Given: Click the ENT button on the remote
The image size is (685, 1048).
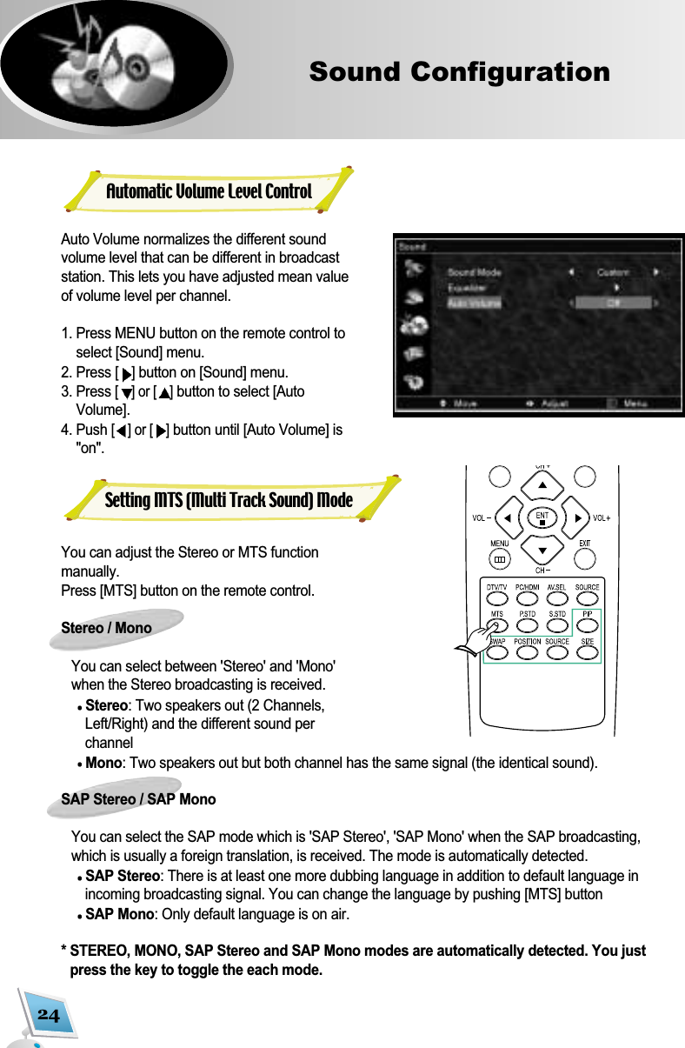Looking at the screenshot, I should pyautogui.click(x=542, y=518).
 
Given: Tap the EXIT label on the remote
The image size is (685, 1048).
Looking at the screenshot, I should pyautogui.click(x=585, y=544).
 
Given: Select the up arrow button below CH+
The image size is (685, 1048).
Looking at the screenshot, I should pyautogui.click(x=542, y=483).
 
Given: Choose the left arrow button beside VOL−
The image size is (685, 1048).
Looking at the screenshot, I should pyautogui.click(x=507, y=518).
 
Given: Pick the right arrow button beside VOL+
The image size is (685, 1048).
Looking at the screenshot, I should pyautogui.click(x=577, y=518).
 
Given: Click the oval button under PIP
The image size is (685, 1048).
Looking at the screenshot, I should pyautogui.click(x=587, y=627).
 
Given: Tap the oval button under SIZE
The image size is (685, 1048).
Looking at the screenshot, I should pyautogui.click(x=587, y=654).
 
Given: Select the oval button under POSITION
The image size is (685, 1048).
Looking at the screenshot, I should pyautogui.click(x=527, y=654).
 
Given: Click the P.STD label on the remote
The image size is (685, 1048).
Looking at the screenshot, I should pyautogui.click(x=527, y=614).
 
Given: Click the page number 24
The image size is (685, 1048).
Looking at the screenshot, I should pyautogui.click(x=49, y=1015).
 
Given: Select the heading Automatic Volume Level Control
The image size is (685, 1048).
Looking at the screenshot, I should pyautogui.click(x=209, y=191).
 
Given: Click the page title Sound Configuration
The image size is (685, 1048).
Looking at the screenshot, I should pyautogui.click(x=459, y=71).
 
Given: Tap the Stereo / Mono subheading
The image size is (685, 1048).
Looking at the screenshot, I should pyautogui.click(x=106, y=628).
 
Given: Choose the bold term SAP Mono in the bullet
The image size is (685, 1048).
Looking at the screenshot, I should pyautogui.click(x=120, y=914).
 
